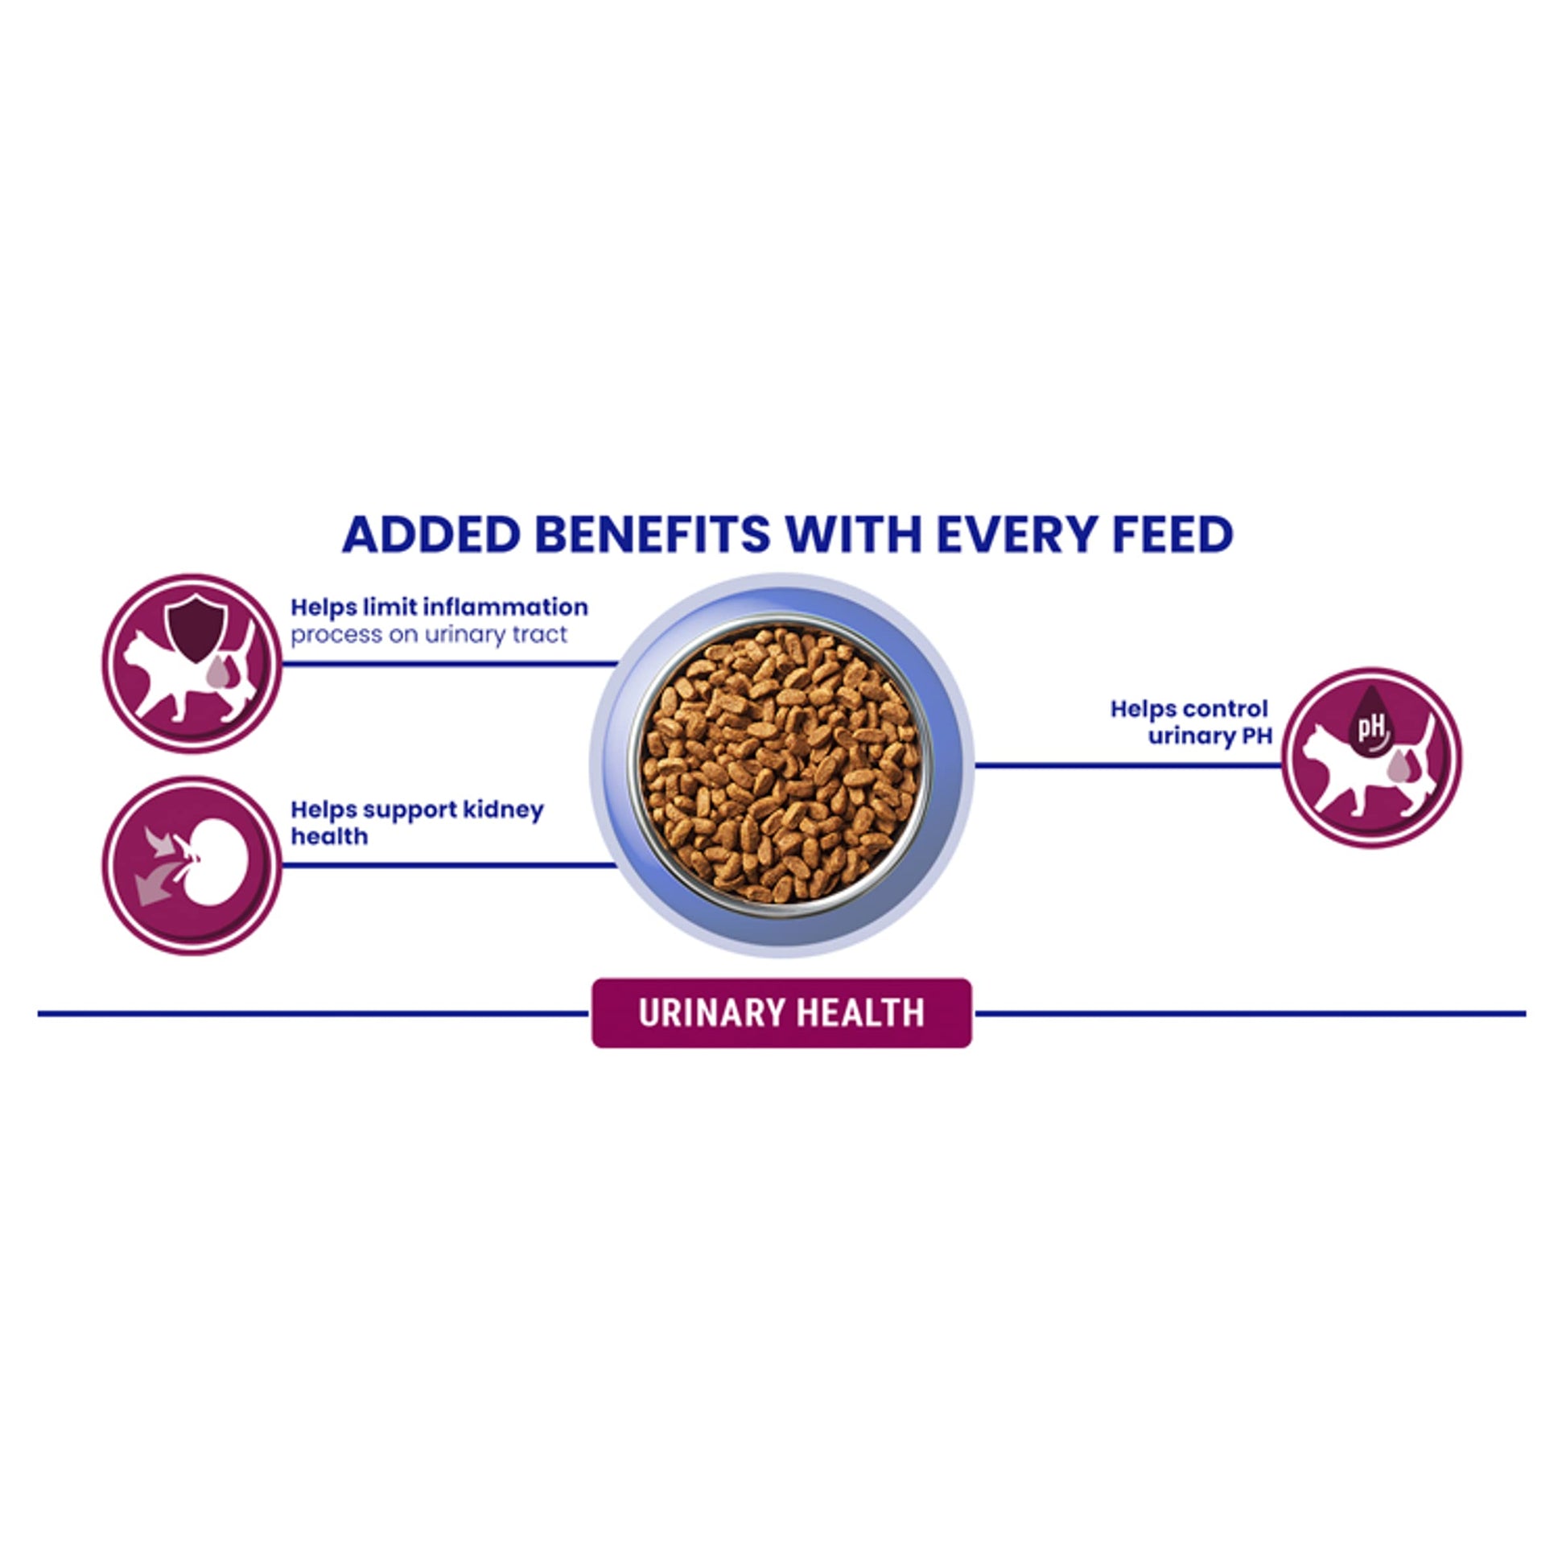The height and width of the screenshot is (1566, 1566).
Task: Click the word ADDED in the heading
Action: pyautogui.click(x=431, y=535)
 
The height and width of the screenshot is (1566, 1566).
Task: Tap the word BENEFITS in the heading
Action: pyautogui.click(x=653, y=535)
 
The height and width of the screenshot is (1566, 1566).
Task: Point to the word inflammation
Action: pyautogui.click(x=505, y=607)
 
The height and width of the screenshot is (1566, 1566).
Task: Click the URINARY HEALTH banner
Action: pyautogui.click(x=782, y=1013)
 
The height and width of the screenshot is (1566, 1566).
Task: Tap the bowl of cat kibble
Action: pyautogui.click(x=781, y=765)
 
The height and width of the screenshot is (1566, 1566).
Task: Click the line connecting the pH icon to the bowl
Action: pyautogui.click(x=1128, y=765)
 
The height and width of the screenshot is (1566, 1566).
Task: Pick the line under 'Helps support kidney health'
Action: pyautogui.click(x=450, y=866)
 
